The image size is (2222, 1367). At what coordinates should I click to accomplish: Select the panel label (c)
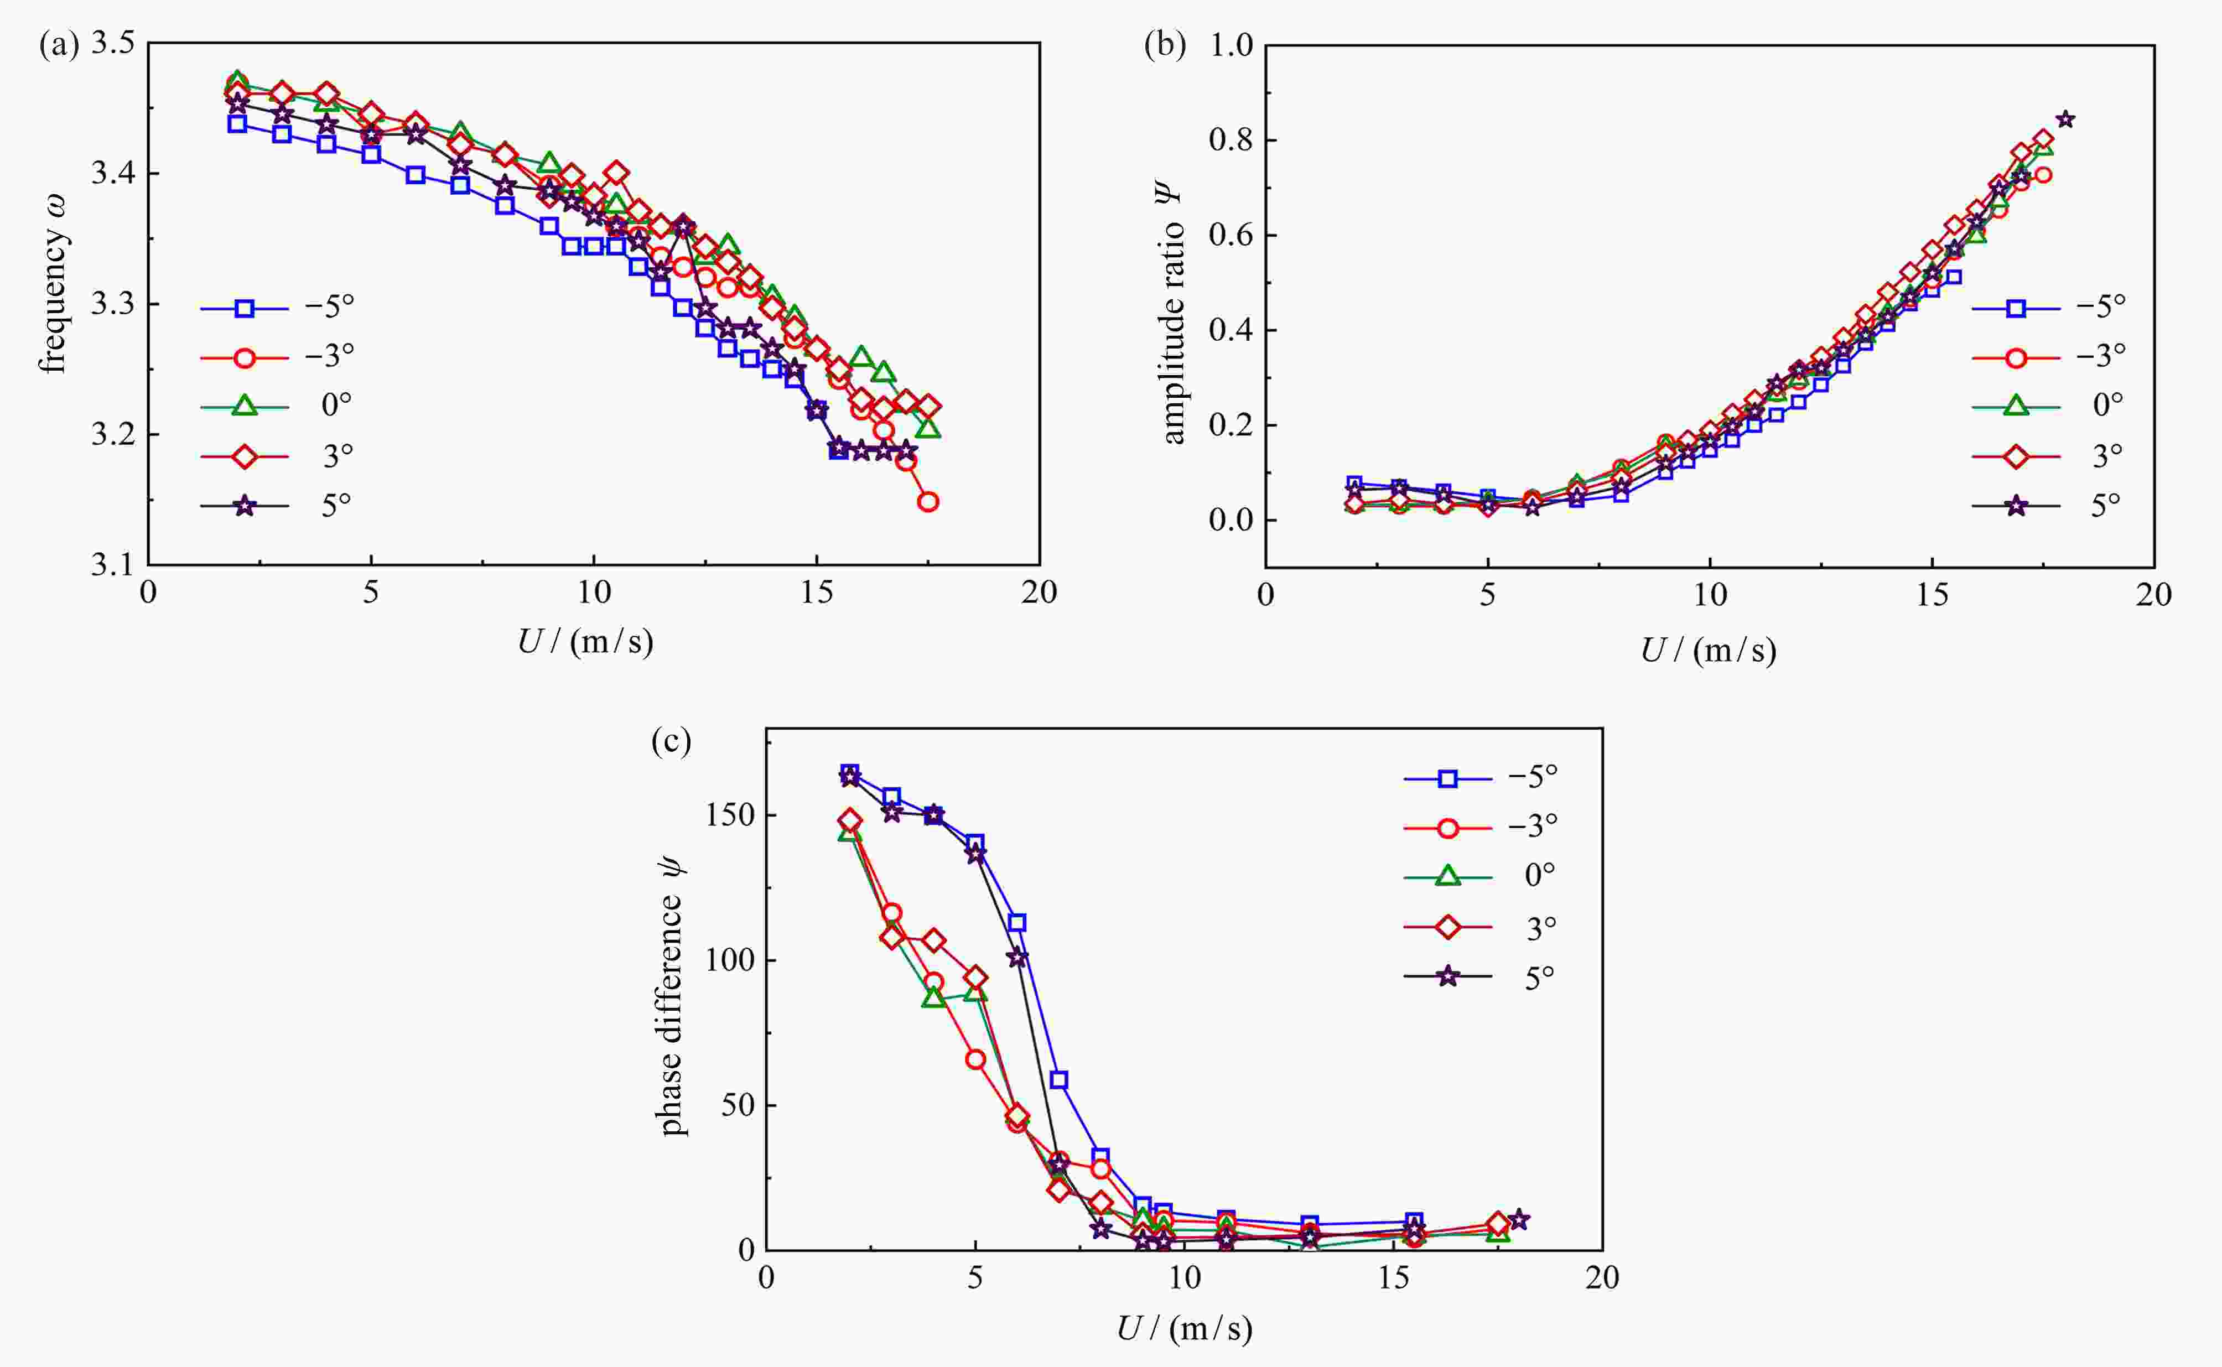tap(671, 741)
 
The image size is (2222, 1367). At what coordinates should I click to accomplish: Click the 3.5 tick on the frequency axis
tap(112, 43)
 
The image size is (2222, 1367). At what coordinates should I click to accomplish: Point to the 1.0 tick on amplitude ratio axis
tap(1231, 45)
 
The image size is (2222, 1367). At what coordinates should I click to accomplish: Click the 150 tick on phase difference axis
tap(730, 814)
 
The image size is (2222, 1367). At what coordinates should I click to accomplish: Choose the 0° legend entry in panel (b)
tap(2048, 406)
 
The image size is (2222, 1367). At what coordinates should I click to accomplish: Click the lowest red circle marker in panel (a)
tap(927, 502)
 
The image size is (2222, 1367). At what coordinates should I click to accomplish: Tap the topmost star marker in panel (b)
tap(2065, 120)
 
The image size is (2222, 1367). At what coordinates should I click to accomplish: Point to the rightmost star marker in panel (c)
tap(1519, 1220)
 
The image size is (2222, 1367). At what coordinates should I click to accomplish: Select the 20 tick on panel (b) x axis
tap(2153, 595)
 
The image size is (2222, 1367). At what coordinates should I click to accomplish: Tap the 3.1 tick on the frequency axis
tap(112, 565)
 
